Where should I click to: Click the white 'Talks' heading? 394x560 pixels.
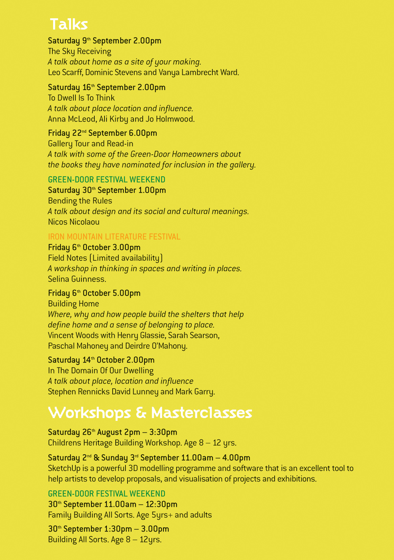(69, 24)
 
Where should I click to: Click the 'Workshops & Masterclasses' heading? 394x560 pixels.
(150, 413)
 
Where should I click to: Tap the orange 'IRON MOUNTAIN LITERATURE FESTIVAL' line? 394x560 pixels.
(114, 237)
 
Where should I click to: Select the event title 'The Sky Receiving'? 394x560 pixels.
(79, 51)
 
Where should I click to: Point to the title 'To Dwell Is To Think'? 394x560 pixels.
(81, 98)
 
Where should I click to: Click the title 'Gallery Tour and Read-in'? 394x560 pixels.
(91, 144)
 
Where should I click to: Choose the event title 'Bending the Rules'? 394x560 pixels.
(80, 201)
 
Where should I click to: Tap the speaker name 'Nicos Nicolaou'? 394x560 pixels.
(74, 222)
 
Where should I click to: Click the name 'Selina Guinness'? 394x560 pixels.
(77, 279)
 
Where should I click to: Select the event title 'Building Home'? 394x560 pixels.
(73, 304)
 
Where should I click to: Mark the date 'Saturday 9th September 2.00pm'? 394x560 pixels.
(105, 41)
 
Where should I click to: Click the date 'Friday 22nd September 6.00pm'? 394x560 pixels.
(102, 133)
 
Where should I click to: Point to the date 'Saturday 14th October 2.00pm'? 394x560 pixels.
(101, 360)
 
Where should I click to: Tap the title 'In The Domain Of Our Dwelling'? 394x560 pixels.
(101, 371)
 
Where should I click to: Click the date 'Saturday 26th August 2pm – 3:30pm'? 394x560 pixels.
(113, 432)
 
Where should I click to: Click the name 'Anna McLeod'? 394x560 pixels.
(71, 119)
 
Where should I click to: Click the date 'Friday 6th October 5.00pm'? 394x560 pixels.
(94, 293)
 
